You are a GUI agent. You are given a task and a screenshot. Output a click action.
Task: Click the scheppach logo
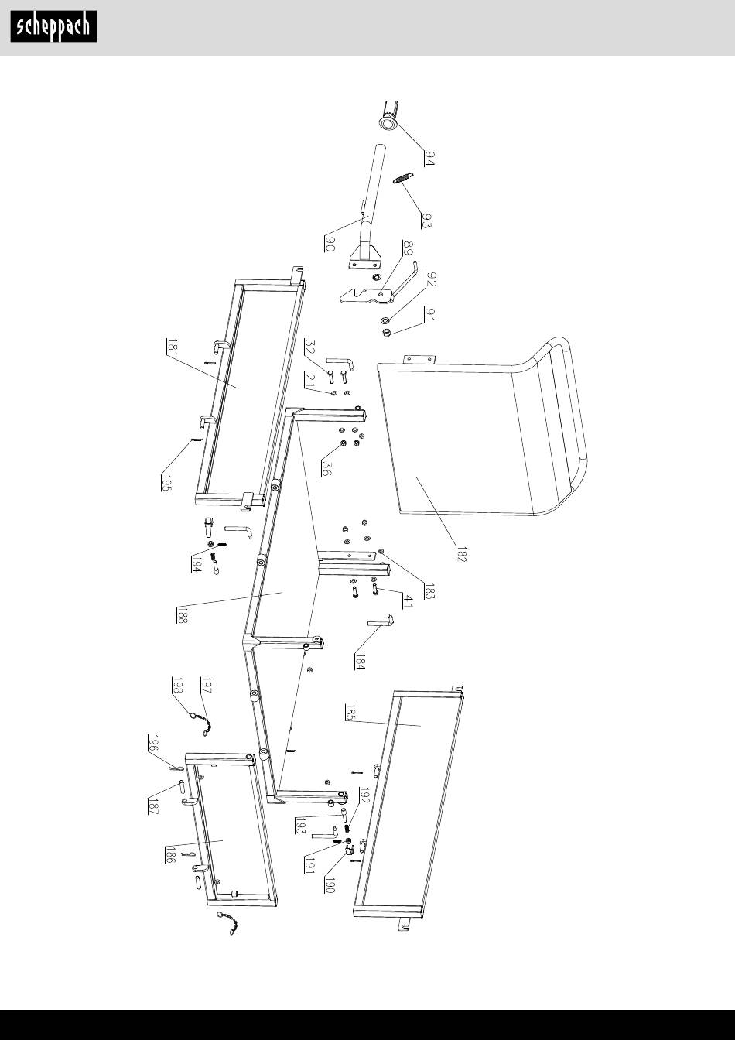point(54,26)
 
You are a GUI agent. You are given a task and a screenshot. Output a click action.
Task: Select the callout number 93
point(426,220)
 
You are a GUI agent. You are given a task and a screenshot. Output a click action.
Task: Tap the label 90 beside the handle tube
point(329,244)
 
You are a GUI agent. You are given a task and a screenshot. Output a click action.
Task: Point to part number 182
point(460,554)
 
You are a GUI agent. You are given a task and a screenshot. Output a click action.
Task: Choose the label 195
point(166,484)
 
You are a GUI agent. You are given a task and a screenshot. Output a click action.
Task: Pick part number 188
point(182,614)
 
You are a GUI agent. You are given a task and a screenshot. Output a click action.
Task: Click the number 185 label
point(350,712)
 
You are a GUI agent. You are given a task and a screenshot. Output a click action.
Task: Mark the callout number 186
point(170,854)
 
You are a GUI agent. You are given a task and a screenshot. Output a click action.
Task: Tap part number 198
point(177,685)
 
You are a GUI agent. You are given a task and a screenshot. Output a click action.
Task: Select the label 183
point(429,591)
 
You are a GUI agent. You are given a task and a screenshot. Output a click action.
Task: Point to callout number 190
point(329,885)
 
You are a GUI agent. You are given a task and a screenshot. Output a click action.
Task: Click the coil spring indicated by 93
point(402,178)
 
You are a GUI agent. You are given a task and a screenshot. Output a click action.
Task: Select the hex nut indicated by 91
point(386,332)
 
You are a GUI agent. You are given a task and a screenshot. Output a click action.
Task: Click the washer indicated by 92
point(385,320)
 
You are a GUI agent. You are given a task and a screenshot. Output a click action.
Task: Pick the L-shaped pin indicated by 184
point(381,621)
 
